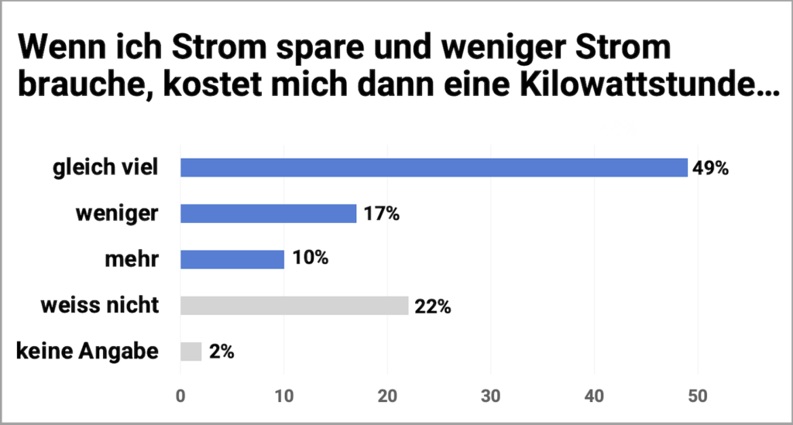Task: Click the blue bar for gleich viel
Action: point(434,167)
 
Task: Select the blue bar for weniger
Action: point(268,214)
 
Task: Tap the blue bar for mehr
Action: point(232,259)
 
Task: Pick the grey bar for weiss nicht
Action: point(294,306)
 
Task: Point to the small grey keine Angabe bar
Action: point(191,352)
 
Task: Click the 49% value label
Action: point(711,167)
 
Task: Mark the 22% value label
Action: point(431,306)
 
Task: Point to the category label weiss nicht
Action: point(100,306)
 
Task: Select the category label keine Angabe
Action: point(88,352)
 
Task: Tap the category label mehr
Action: point(132,259)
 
